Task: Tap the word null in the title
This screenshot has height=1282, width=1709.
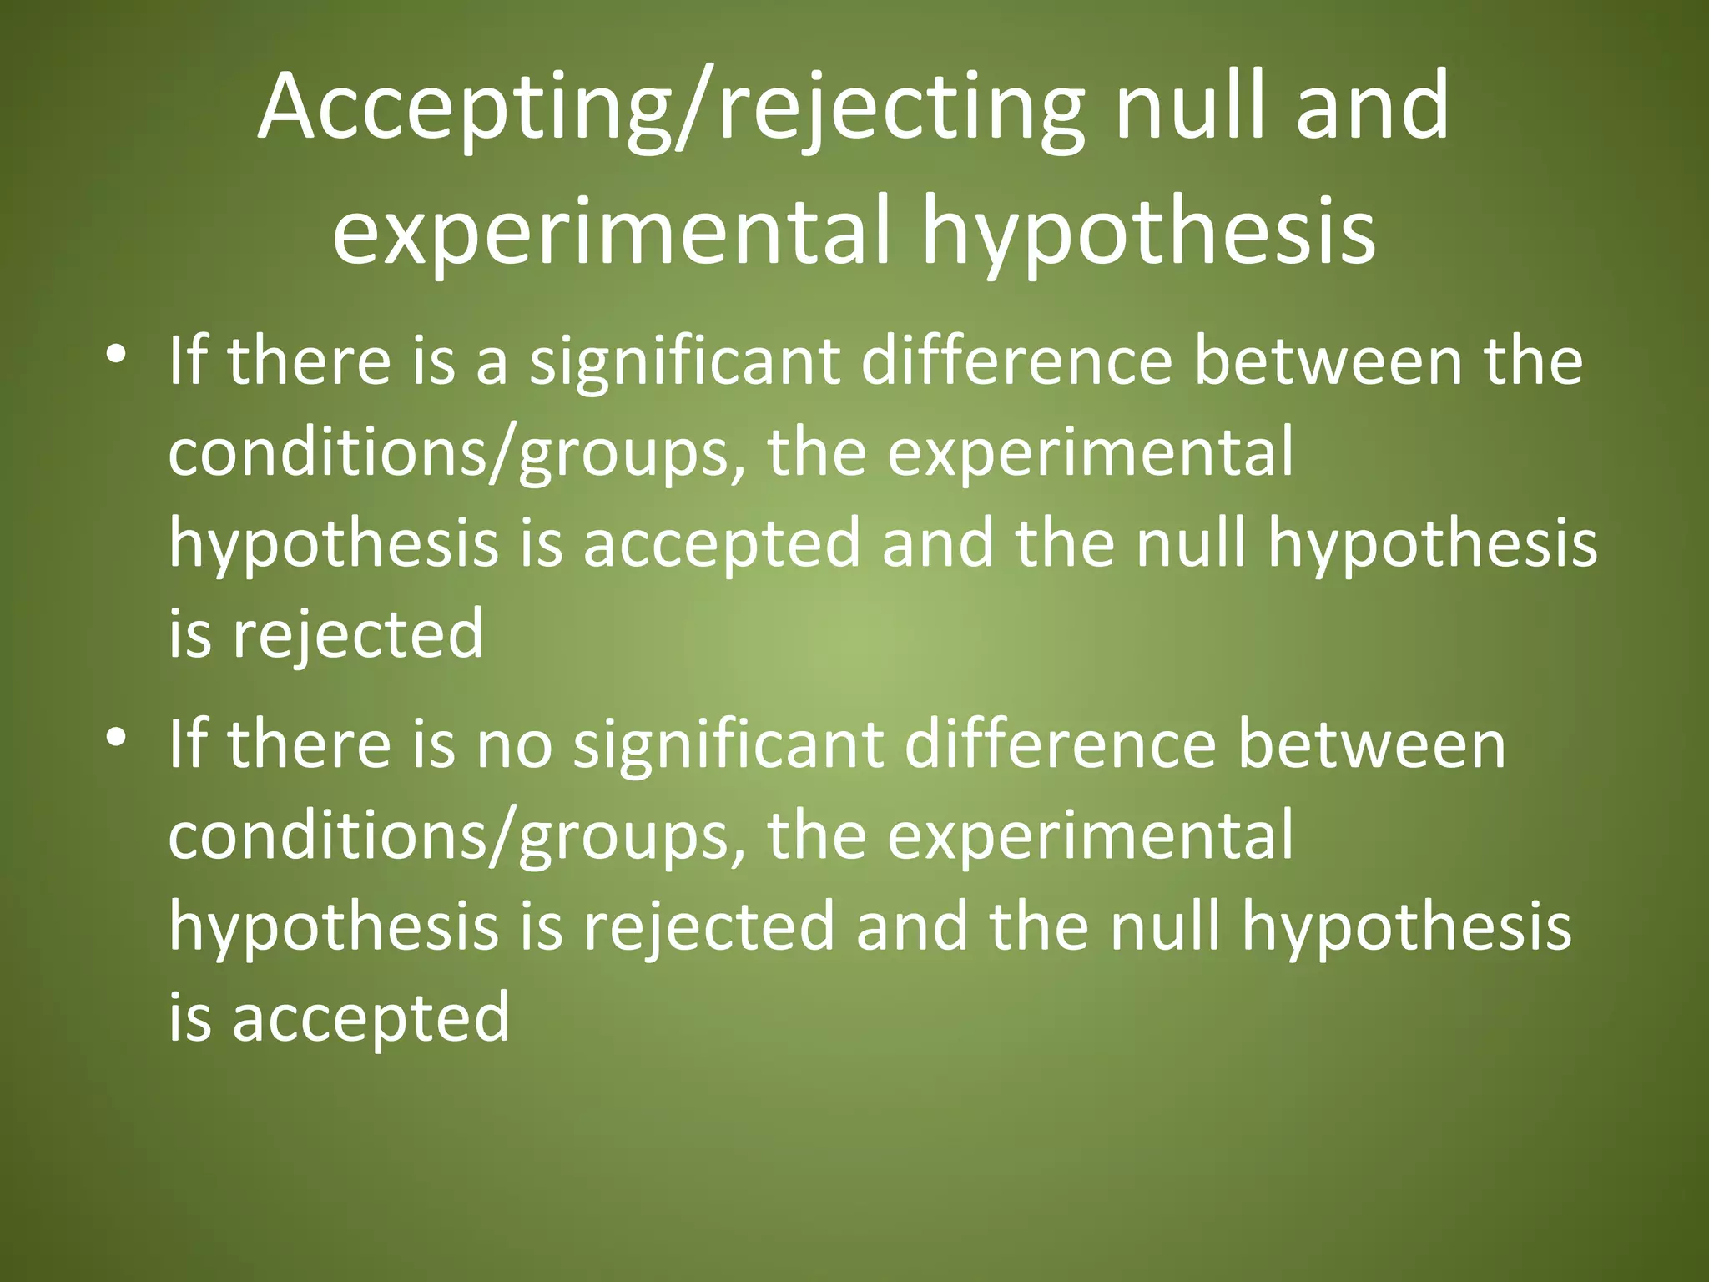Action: click(1189, 106)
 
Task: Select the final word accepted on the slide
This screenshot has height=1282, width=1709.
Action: click(370, 1018)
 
